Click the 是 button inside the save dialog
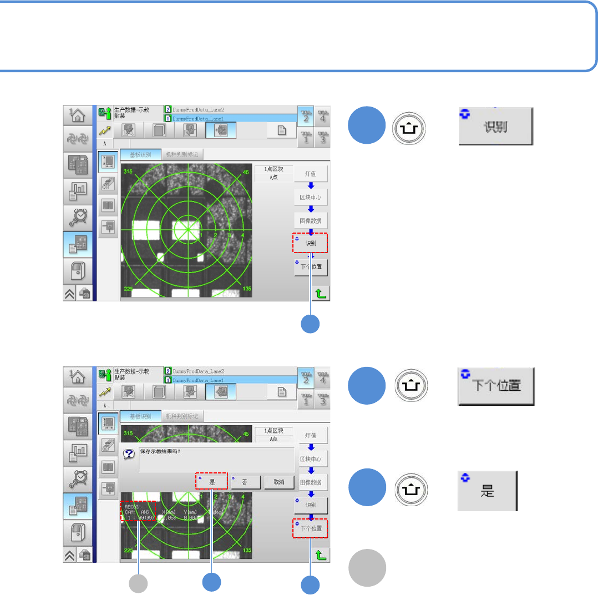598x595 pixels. point(211,481)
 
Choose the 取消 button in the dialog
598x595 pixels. point(278,482)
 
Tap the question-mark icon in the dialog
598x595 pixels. point(129,453)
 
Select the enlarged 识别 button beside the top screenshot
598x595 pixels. point(495,127)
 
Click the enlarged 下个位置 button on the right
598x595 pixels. point(495,387)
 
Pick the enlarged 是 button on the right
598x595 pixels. point(487,491)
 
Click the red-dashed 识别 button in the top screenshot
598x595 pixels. point(311,243)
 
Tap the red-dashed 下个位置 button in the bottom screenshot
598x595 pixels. point(311,528)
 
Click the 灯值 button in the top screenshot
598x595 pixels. point(311,174)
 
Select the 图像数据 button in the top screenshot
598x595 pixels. point(311,220)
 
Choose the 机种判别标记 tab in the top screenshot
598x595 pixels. point(181,154)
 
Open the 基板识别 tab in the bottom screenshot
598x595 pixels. point(140,416)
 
